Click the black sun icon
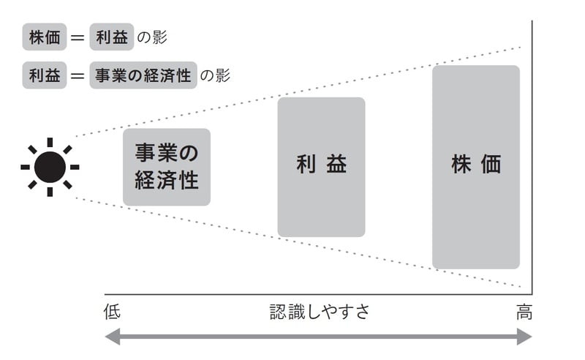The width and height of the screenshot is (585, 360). pos(50,167)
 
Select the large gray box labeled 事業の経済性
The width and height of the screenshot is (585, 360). pos(167,167)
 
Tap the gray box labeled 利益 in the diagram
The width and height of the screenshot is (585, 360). pos(321,167)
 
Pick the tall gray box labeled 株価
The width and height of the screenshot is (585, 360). pos(476,167)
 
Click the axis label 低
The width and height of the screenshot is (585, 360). pos(112,312)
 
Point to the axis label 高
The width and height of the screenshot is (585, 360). pos(524,312)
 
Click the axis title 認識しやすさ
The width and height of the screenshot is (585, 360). pos(320,312)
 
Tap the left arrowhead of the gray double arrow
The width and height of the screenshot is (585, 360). pos(112,337)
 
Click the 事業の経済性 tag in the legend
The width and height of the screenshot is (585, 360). pos(143,75)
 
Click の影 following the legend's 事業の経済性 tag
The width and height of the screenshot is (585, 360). pos(215,75)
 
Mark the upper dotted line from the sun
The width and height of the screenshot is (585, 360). pos(292,91)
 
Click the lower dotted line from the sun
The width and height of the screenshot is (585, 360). pos(292,242)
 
